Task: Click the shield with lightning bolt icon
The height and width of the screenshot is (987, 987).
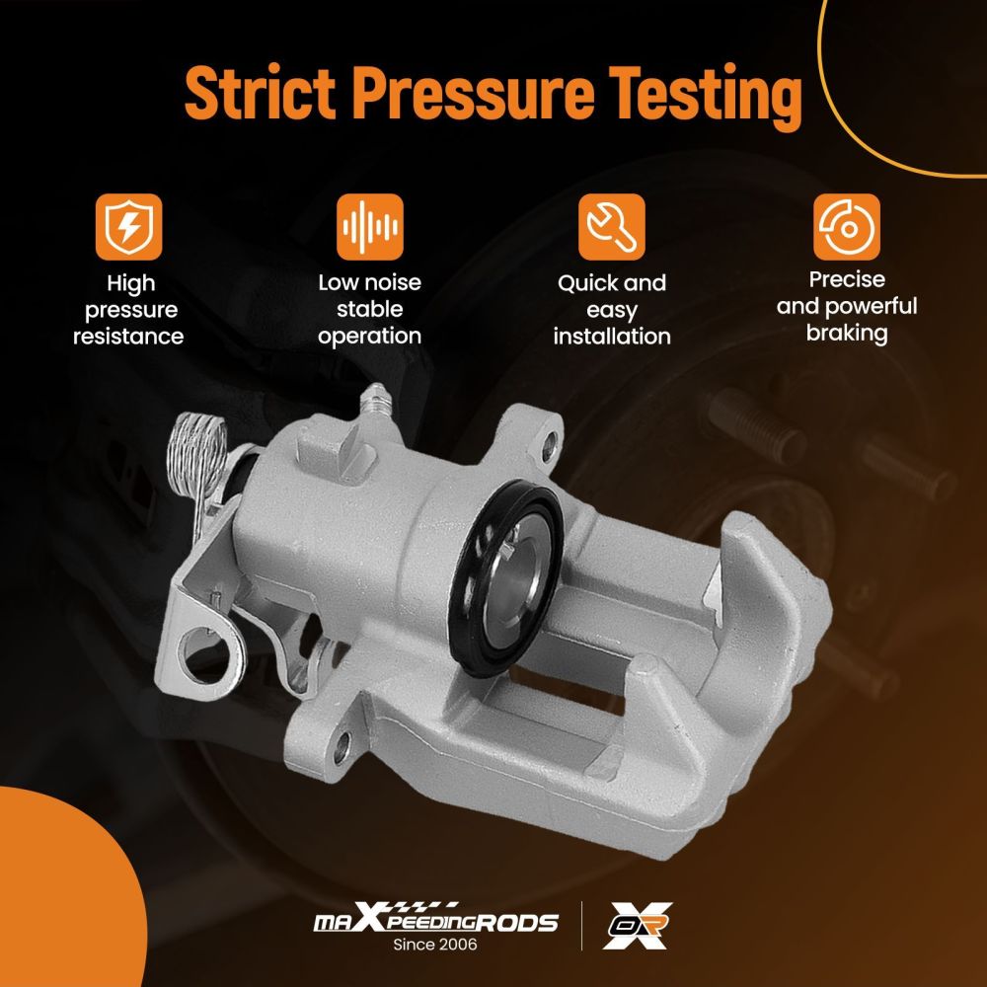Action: [128, 227]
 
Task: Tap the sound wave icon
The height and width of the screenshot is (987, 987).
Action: [369, 227]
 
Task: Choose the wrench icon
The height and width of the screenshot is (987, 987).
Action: [611, 227]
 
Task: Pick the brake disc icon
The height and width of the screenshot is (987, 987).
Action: [847, 227]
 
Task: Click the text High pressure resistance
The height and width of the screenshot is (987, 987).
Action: [128, 310]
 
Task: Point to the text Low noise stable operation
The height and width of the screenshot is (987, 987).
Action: [369, 309]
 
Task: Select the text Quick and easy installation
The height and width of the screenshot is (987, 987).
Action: [612, 310]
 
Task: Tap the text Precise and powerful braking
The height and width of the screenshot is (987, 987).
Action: [847, 306]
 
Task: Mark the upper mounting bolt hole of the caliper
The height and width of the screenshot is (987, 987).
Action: [549, 444]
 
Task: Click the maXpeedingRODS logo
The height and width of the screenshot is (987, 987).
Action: [435, 919]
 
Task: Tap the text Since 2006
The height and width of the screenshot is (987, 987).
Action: [435, 945]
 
